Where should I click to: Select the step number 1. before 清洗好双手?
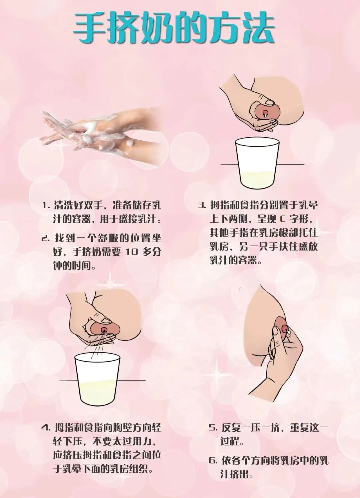tap(46, 205)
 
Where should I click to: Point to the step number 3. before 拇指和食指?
tap(201, 205)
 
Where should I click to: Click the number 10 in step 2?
tap(132, 252)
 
